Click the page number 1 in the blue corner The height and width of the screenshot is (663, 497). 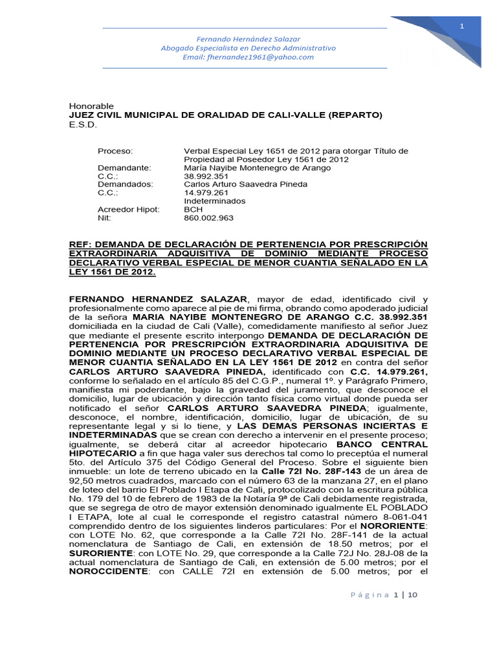click(x=462, y=26)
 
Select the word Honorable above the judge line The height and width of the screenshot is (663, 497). click(x=91, y=106)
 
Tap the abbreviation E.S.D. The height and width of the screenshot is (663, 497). click(x=82, y=124)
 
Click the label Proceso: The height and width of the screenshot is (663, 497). click(x=115, y=151)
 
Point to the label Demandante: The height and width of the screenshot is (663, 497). click(x=124, y=168)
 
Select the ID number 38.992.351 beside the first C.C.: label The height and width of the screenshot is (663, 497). click(x=205, y=176)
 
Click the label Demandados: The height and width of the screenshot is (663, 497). click(x=126, y=185)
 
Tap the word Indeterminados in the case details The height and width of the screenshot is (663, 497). click(x=215, y=201)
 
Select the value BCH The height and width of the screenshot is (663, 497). click(x=193, y=210)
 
